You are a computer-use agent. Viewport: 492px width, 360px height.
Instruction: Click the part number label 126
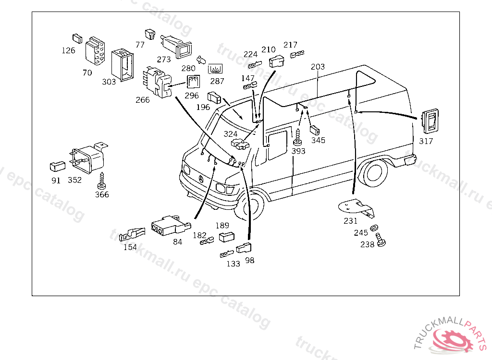[x=68, y=50]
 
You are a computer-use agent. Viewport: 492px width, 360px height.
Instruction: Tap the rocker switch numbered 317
[x=430, y=121]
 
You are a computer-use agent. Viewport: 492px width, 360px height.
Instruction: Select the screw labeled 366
[x=102, y=180]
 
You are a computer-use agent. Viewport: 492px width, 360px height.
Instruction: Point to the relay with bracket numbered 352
[x=88, y=158]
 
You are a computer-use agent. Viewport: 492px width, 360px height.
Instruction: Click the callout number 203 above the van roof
[x=318, y=67]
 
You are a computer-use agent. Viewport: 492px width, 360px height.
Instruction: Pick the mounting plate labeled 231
[x=357, y=207]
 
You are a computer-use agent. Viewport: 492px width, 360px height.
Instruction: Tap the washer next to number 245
[x=374, y=228]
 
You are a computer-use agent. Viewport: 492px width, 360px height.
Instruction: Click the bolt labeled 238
[x=381, y=240]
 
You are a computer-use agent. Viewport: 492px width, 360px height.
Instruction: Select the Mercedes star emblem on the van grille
[x=201, y=180]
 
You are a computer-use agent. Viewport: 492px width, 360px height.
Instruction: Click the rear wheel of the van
[x=374, y=173]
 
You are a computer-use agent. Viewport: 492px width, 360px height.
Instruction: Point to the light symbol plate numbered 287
[x=215, y=69]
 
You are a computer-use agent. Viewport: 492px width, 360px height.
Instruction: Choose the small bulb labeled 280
[x=201, y=60]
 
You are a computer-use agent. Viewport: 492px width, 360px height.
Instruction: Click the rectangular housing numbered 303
[x=123, y=65]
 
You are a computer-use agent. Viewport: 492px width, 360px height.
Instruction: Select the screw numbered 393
[x=297, y=137]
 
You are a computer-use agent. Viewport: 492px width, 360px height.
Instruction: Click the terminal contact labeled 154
[x=132, y=235]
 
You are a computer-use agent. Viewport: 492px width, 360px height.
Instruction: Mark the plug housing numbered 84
[x=171, y=225]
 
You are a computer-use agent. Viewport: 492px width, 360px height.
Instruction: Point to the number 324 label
[x=230, y=134]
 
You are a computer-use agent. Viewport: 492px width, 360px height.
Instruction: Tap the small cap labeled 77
[x=150, y=34]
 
